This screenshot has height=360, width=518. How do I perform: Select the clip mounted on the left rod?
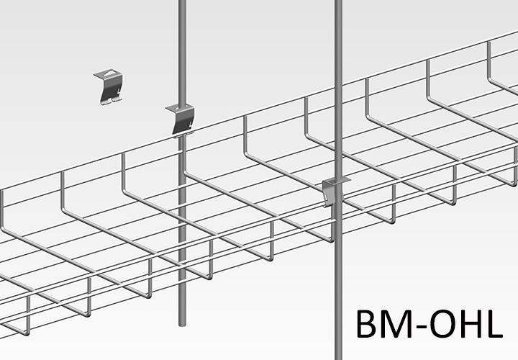point(183,118)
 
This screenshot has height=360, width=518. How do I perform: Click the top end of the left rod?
point(183,3)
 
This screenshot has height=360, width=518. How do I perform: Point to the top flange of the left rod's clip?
point(181,108)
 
